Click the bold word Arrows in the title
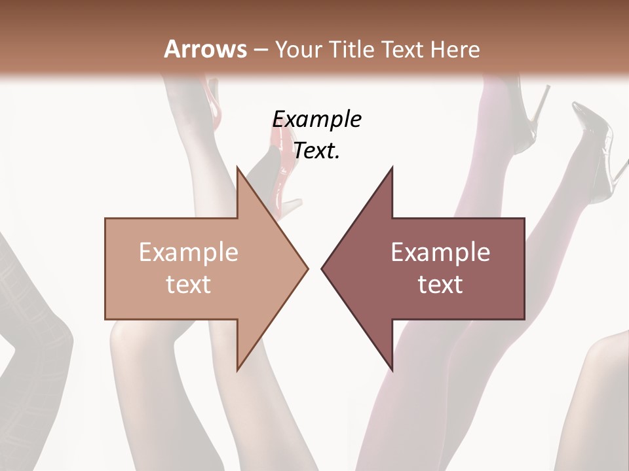205,49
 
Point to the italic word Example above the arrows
316,119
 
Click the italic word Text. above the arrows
316,150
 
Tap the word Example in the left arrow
189,252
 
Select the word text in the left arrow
189,285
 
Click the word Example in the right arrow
440,252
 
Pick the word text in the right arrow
440,285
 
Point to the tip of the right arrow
323,268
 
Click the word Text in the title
404,50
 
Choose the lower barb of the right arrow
391,366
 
